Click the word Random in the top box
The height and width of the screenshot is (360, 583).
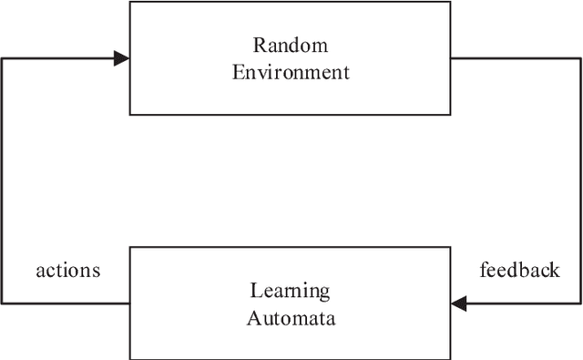291,46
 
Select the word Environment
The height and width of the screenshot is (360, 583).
291,72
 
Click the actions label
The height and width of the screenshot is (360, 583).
67,271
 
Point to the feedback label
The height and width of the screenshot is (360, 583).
519,271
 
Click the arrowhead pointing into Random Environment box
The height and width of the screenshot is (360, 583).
121,59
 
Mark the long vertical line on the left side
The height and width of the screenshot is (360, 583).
2,182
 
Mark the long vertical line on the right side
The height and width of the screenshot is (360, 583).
580,182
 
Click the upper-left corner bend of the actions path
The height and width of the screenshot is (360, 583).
2,59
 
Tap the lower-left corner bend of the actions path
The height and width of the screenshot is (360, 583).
2,303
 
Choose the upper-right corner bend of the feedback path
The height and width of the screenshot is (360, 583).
580,59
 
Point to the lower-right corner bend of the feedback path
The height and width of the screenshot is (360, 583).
580,304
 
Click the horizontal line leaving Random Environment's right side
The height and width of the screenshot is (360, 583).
516,59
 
